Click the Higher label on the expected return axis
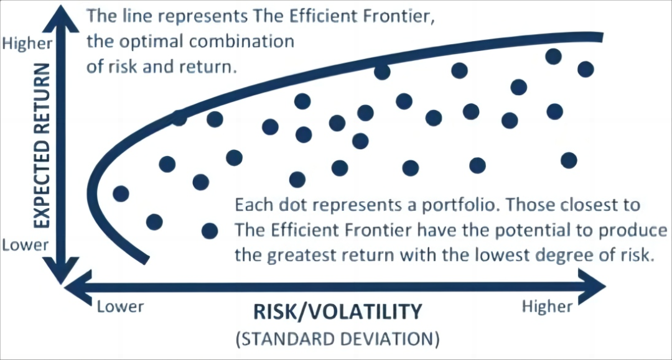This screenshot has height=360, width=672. (x=27, y=44)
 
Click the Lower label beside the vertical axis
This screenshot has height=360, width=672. (x=26, y=245)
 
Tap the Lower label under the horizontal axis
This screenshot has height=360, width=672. (x=121, y=307)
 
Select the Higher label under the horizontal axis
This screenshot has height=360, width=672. (x=548, y=307)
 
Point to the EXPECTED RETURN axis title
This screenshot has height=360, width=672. (x=42, y=146)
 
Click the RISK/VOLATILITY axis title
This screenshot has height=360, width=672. (x=338, y=312)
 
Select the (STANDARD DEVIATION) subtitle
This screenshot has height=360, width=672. (x=338, y=339)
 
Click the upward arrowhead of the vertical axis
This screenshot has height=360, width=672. (x=62, y=18)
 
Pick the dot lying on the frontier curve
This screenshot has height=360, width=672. (x=179, y=118)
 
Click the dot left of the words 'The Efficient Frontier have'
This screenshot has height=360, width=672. (x=210, y=231)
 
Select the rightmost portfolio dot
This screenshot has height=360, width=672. (x=586, y=69)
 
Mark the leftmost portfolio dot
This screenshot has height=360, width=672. (x=121, y=194)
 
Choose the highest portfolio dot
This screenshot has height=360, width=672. (x=553, y=57)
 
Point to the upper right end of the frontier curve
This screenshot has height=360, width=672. (x=602, y=38)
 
